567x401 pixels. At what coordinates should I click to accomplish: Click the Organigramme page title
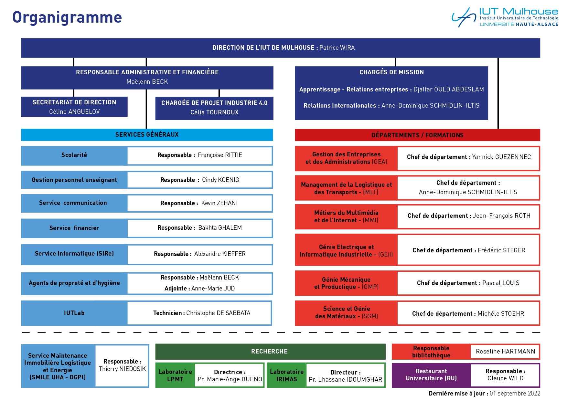pos(67,17)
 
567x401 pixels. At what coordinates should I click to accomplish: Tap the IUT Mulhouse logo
pos(505,17)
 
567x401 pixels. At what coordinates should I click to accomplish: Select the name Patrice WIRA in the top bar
pos(337,48)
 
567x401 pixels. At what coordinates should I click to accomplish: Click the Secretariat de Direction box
pos(74,107)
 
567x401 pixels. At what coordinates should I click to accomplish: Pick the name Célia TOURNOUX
pos(214,112)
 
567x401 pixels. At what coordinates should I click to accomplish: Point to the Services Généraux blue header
pos(147,135)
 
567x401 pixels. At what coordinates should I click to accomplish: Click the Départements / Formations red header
pos(417,135)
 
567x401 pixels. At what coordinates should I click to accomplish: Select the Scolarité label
pos(74,155)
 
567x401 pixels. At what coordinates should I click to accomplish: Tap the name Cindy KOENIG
pos(220,180)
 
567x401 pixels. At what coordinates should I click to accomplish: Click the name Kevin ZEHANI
pos(219,203)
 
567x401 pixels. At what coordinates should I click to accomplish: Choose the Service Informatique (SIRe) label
pos(74,254)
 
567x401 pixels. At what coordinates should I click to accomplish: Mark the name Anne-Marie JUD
pos(213,289)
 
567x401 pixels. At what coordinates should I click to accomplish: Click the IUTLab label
pos(74,313)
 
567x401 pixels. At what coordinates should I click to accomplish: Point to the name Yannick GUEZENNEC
pos(501,157)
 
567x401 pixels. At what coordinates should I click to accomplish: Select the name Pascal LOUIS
pos(501,283)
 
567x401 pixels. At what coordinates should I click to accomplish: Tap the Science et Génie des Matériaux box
pos(347,312)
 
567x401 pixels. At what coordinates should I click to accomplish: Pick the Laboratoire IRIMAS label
pos(286,375)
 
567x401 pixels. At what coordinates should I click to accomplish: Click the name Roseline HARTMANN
pos(505,352)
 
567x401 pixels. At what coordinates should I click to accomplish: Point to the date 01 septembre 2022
pos(515,394)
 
